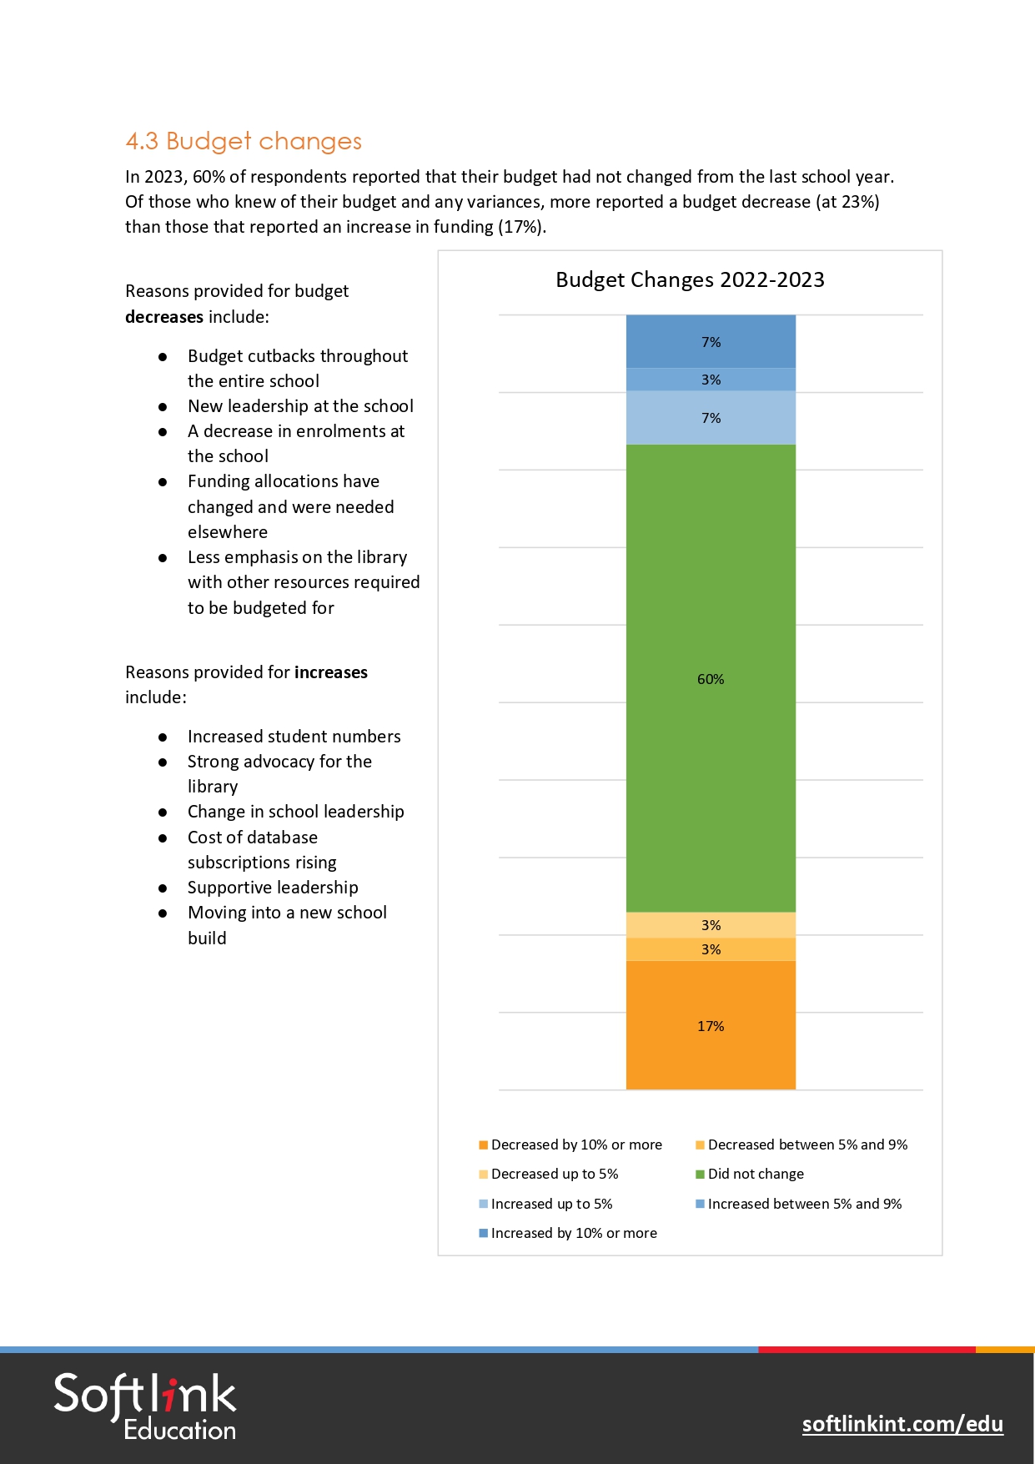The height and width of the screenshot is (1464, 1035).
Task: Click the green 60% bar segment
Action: pos(711,677)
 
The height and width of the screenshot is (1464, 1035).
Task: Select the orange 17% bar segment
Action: pos(711,1025)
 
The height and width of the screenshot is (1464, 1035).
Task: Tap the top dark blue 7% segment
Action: pos(711,341)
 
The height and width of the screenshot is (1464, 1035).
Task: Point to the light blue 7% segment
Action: pos(711,417)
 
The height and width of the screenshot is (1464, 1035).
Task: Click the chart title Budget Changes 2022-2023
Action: pos(690,279)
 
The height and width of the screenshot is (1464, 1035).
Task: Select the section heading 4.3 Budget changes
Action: pos(244,141)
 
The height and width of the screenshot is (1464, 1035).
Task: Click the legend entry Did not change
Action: pos(755,1174)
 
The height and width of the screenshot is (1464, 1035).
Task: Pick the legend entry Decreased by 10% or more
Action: pos(575,1145)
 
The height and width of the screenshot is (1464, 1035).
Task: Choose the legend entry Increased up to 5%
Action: pos(550,1204)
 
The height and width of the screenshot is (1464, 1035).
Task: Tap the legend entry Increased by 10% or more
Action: pos(573,1233)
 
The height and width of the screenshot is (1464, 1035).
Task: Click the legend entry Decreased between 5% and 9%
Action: pos(806,1145)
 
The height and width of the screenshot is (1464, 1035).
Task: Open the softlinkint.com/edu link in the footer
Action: pos(902,1423)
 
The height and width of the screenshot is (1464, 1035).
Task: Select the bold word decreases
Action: pos(164,317)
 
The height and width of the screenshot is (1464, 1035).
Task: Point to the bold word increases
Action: pos(331,672)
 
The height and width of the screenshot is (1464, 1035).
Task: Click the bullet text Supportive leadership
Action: pos(273,888)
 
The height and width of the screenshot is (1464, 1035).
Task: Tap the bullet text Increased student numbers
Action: pos(294,737)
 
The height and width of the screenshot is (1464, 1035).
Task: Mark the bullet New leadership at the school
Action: pos(300,406)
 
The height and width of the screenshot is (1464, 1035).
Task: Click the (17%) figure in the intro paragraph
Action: pos(522,227)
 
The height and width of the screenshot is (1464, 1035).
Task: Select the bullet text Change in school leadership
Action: pos(295,812)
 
